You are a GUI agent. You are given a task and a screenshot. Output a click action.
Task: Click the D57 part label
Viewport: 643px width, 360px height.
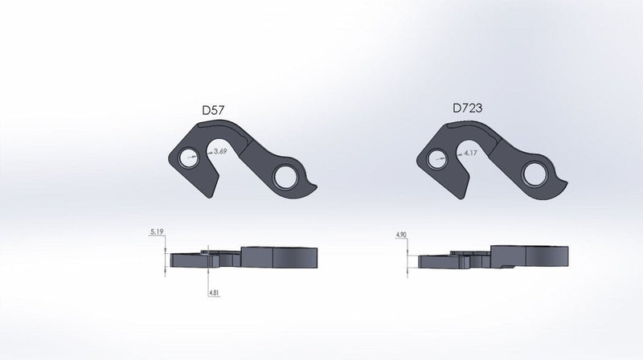pos(212,108)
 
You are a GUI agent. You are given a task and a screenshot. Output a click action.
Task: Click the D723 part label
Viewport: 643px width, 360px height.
pos(468,108)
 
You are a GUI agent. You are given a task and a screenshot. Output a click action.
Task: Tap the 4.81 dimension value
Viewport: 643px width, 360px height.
pos(215,292)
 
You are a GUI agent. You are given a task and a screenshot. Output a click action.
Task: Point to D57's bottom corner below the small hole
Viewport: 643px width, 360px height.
pos(215,190)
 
